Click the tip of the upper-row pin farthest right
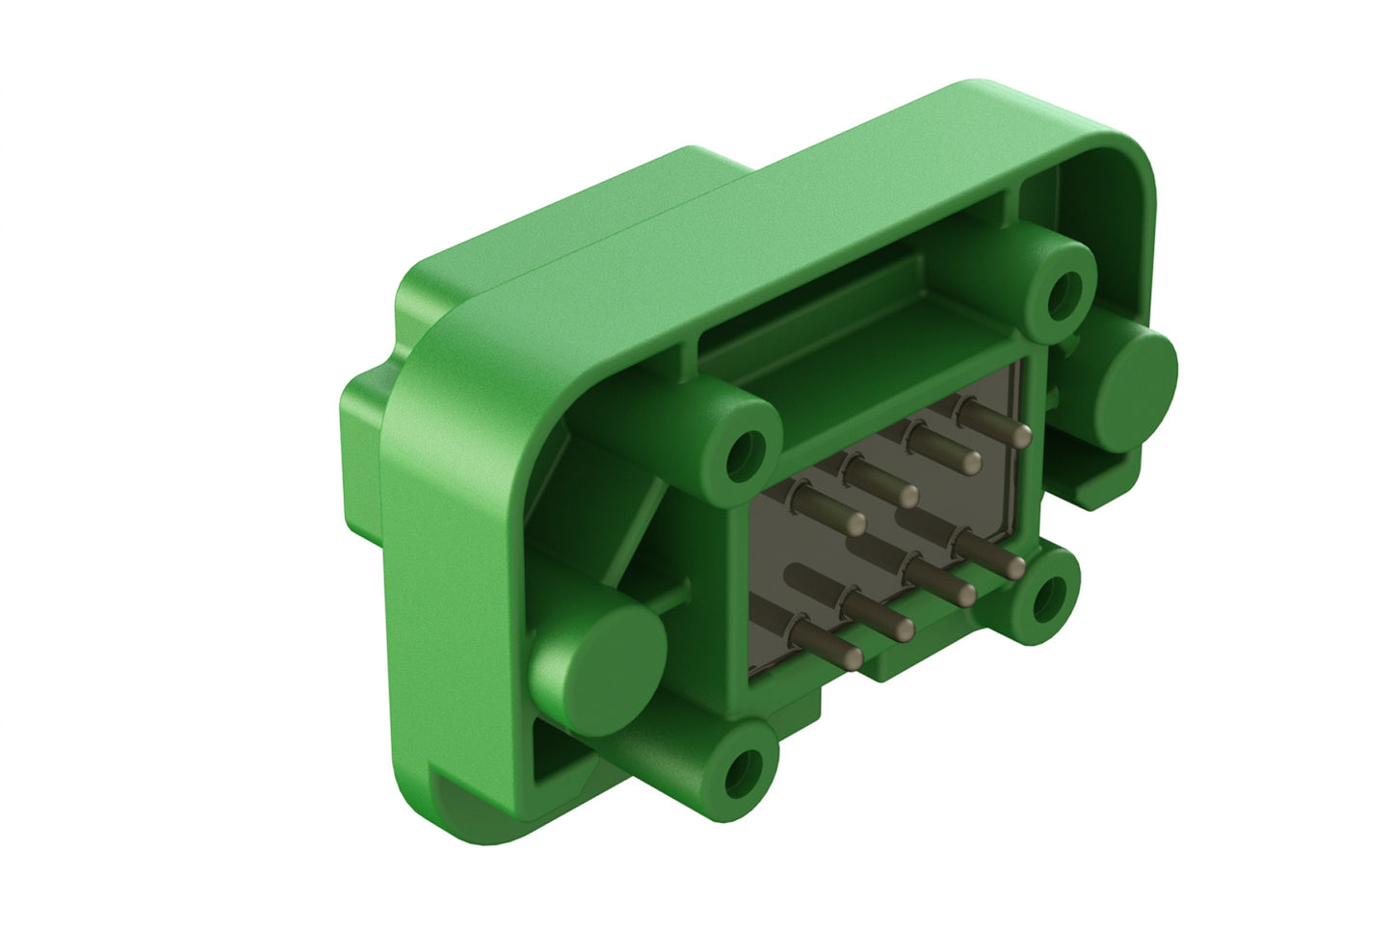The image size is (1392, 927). (x=1022, y=434)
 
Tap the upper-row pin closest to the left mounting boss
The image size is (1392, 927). (x=854, y=523)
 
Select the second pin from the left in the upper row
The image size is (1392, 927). (x=906, y=495)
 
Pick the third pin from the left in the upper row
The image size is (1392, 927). (x=969, y=461)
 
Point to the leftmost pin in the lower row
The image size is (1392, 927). (x=851, y=657)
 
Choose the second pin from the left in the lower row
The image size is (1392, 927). (x=902, y=628)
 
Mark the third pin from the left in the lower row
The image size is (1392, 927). (x=962, y=594)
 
